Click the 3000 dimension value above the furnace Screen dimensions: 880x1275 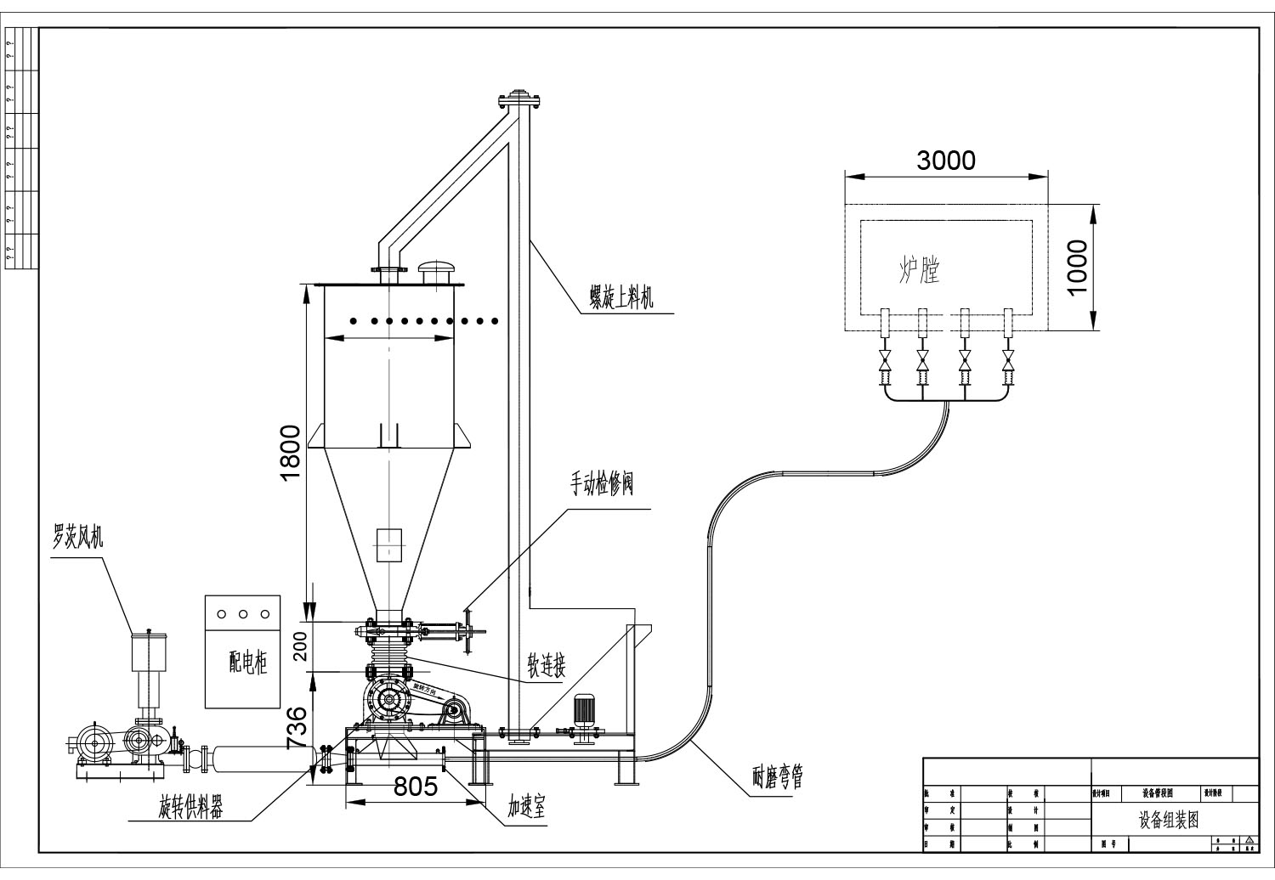tap(946, 160)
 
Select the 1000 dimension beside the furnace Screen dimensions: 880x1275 tap(1076, 267)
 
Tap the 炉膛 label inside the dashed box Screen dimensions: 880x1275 tap(919, 270)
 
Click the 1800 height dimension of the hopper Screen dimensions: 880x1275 tap(291, 451)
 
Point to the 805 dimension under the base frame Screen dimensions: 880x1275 tap(415, 787)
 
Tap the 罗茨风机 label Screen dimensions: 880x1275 tap(77, 537)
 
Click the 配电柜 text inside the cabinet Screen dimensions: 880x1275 tap(247, 663)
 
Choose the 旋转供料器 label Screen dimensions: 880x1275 tap(191, 809)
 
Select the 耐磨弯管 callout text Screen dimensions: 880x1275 tap(777, 777)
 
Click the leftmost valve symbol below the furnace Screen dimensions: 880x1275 tap(884, 361)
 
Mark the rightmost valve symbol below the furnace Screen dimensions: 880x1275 tap(1008, 361)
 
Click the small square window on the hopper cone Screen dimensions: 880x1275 tap(388, 544)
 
